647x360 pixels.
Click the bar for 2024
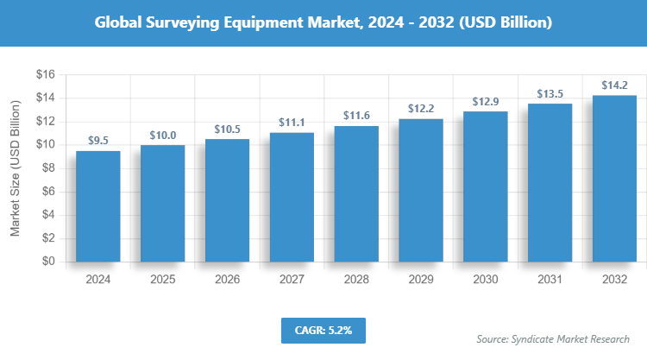(97, 205)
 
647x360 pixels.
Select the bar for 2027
(292, 197)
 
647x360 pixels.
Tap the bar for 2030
(486, 186)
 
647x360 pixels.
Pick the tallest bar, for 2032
(615, 178)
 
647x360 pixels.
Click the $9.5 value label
(98, 140)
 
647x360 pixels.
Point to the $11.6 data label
(356, 115)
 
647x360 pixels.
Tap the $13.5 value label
(550, 93)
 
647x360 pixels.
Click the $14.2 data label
(615, 85)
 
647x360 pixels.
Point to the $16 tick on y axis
(45, 75)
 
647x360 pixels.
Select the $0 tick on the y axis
(47, 262)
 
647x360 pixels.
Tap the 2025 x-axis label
(162, 280)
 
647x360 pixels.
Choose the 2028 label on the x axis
(356, 280)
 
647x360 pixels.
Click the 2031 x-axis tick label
(550, 280)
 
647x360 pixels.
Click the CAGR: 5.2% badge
(323, 330)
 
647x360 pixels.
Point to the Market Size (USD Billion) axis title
(15, 167)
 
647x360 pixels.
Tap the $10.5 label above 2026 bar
(227, 129)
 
